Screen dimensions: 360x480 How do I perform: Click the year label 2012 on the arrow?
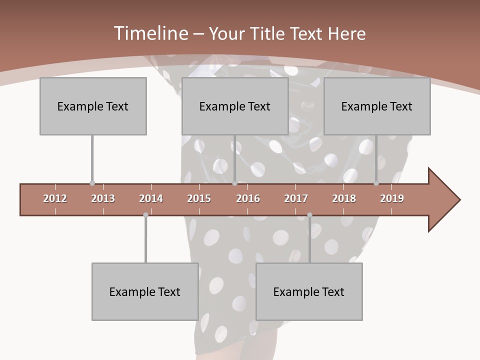[55, 198]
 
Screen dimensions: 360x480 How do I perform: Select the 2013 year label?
[103, 198]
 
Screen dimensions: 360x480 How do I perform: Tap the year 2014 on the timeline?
[151, 198]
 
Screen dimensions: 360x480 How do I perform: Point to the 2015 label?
[199, 198]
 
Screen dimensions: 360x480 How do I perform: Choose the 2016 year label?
[248, 198]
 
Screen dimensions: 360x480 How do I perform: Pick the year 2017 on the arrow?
[296, 198]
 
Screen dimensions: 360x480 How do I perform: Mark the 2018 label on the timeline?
[344, 198]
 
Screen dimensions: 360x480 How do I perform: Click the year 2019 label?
[392, 198]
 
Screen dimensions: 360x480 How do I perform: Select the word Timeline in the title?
[150, 33]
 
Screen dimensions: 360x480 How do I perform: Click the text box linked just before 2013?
[93, 106]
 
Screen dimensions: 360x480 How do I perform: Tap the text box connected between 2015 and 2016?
[235, 106]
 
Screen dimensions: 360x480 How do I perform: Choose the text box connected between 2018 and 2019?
[377, 106]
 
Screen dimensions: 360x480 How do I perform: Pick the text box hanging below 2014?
[145, 291]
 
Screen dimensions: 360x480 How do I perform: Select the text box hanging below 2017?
[309, 291]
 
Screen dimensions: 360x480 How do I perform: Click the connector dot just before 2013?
[92, 183]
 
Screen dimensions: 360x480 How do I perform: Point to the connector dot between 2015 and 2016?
[234, 183]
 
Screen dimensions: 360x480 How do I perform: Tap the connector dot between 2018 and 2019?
[376, 183]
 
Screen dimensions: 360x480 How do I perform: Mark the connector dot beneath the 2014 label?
[145, 215]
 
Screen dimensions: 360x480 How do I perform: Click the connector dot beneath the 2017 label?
[309, 215]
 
